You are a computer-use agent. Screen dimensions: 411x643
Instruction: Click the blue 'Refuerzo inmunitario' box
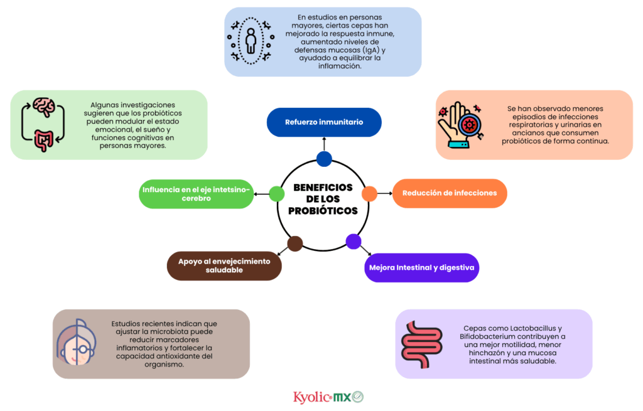pyautogui.click(x=324, y=122)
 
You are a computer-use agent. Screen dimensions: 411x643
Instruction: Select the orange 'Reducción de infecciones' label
pyautogui.click(x=450, y=193)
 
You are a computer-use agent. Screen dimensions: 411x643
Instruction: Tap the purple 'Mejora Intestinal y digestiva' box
pyautogui.click(x=423, y=267)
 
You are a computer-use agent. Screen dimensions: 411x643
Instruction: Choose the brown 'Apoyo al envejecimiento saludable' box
pyautogui.click(x=224, y=265)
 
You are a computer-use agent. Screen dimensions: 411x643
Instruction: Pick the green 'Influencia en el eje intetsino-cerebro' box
pyautogui.click(x=195, y=193)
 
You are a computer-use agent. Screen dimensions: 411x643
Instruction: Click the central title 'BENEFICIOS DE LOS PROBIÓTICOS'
pyautogui.click(x=323, y=199)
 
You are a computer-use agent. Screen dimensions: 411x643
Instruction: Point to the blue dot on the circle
pyautogui.click(x=324, y=159)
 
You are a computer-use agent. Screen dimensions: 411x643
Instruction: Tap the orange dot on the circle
pyautogui.click(x=369, y=194)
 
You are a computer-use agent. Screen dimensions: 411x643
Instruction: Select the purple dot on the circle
pyautogui.click(x=354, y=241)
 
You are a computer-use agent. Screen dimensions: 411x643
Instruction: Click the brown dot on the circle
pyautogui.click(x=295, y=243)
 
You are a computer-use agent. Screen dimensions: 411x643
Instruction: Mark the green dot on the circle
pyautogui.click(x=277, y=194)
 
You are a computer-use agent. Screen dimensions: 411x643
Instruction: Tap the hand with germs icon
pyautogui.click(x=460, y=124)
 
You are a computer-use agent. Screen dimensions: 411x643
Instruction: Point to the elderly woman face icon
pyautogui.click(x=78, y=344)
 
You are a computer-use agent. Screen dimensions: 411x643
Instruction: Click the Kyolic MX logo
pyautogui.click(x=328, y=397)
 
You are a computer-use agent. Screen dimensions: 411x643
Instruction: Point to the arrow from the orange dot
pyautogui.click(x=384, y=194)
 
